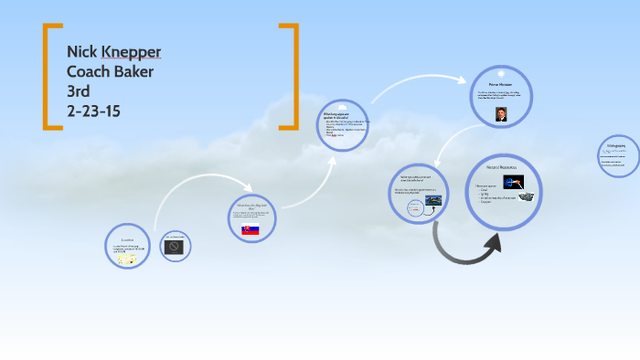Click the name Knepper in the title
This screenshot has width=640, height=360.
click(132, 51)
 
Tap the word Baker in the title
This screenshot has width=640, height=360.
click(133, 71)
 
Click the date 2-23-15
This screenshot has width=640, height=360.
click(93, 111)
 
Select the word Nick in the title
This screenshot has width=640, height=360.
click(82, 51)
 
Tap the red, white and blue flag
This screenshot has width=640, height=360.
click(250, 229)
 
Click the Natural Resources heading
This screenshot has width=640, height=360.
click(501, 168)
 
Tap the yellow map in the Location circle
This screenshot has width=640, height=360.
click(128, 259)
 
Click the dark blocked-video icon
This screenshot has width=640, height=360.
click(174, 247)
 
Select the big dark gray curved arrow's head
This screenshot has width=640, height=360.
click(491, 242)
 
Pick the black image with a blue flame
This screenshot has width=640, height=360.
click(513, 183)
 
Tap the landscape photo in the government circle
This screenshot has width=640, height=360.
click(433, 199)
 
